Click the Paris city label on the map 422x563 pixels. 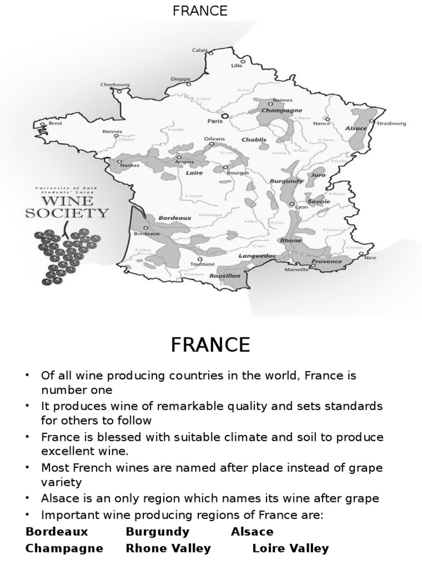tap(215, 120)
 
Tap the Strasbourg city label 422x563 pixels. tap(391, 124)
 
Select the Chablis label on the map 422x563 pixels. tap(254, 140)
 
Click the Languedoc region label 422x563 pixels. tap(257, 256)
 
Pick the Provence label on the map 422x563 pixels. tap(326, 262)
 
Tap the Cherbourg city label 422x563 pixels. tap(115, 85)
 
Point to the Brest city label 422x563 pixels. tap(55, 123)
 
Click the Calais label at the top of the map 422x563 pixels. tap(199, 49)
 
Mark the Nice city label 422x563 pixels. tap(370, 258)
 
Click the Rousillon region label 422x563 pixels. tap(225, 276)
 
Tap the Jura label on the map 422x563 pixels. tap(318, 175)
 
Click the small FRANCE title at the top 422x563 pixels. tap(200, 11)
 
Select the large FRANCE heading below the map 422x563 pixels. tap(210, 345)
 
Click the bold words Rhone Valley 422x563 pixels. tap(168, 548)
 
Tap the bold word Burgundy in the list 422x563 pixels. tap(158, 532)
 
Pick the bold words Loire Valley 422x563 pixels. tap(291, 548)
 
